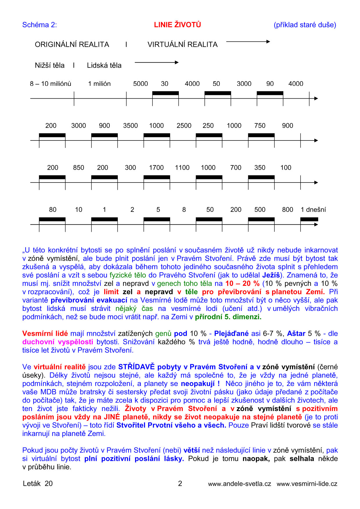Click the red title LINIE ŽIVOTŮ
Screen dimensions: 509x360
[x=177, y=25]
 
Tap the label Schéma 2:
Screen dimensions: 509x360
[x=39, y=25]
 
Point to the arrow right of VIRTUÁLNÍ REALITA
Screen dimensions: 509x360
[x=248, y=41]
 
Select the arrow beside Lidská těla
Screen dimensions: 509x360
[x=156, y=62]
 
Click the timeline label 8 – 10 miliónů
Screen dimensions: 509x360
[x=51, y=84]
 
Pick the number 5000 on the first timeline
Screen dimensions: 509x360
[x=141, y=84]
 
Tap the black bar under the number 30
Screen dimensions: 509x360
[x=165, y=93]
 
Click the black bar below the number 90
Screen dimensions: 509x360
[x=270, y=93]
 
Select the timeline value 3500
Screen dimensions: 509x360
[x=130, y=126]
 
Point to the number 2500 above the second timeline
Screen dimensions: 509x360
[x=184, y=126]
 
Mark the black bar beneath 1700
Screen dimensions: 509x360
[x=157, y=177]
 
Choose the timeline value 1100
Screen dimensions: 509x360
[x=182, y=168]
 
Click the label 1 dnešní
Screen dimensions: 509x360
[x=313, y=210]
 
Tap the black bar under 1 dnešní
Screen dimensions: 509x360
[x=309, y=219]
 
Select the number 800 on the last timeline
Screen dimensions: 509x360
[x=287, y=210]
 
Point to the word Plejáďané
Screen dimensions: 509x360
[x=231, y=334]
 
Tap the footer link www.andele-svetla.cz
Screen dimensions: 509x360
[x=240, y=484]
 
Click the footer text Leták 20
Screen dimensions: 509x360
[x=38, y=483]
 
